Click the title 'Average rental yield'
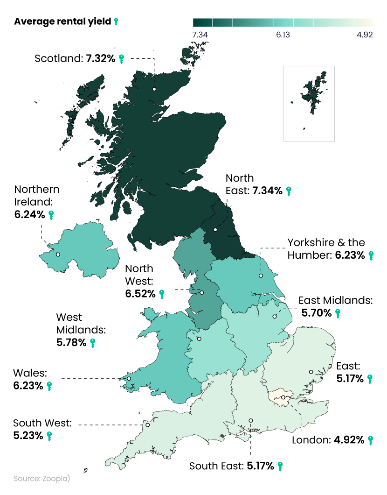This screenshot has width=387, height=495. pyautogui.click(x=62, y=21)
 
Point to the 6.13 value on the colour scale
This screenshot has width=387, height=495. pyautogui.click(x=282, y=35)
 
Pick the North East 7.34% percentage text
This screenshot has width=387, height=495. pyautogui.click(x=267, y=191)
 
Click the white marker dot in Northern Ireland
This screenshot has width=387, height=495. pyautogui.click(x=58, y=255)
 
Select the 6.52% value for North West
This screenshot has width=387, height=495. pyautogui.click(x=140, y=294)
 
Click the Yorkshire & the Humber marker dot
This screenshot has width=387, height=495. pyautogui.click(x=261, y=276)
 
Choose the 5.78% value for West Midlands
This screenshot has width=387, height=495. pyautogui.click(x=71, y=343)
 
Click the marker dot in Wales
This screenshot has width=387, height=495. pyautogui.click(x=129, y=378)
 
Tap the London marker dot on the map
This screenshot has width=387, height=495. pyautogui.click(x=283, y=398)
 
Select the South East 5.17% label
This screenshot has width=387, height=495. pyautogui.click(x=231, y=466)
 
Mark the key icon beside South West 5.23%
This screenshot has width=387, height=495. pyautogui.click(x=49, y=436)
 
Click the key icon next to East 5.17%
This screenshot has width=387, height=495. pyautogui.click(x=370, y=379)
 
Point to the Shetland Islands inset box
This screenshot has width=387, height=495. pyautogui.click(x=309, y=103)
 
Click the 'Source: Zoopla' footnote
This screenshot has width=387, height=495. pyautogui.click(x=41, y=479)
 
